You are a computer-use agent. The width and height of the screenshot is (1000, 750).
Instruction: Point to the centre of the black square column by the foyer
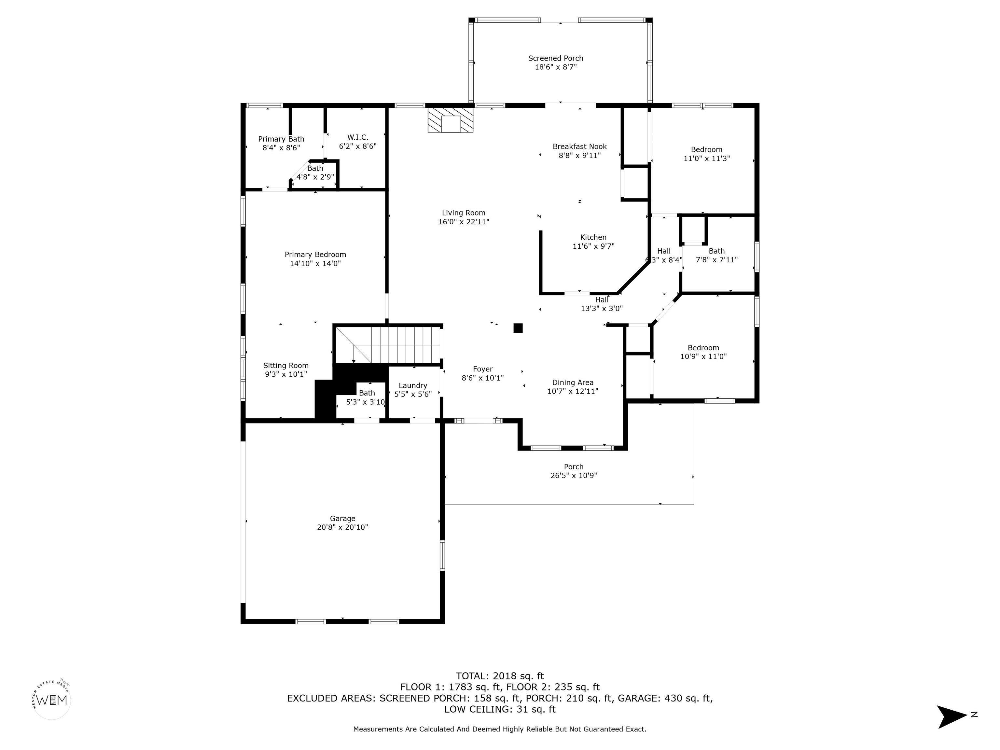tap(518, 328)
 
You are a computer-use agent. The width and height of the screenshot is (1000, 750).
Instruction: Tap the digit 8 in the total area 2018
tap(516, 676)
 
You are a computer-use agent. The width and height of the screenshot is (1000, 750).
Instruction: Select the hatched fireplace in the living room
tap(450, 119)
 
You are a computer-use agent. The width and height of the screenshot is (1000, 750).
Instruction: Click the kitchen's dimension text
tap(593, 246)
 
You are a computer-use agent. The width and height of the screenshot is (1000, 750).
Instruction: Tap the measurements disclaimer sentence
tap(500, 729)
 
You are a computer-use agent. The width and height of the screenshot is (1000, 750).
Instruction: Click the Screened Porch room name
tap(556, 58)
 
